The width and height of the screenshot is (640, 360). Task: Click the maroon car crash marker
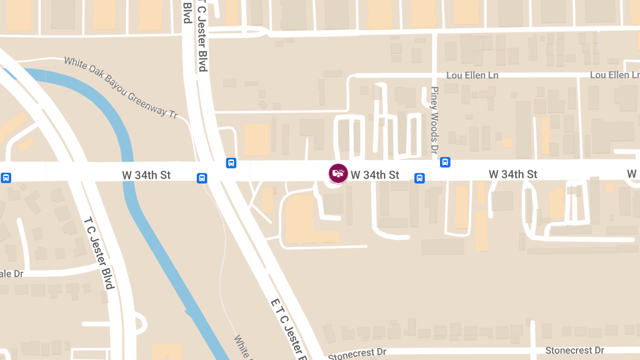point(338,173)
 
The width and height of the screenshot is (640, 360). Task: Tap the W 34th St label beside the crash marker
point(375,174)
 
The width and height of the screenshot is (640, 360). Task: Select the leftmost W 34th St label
point(146,174)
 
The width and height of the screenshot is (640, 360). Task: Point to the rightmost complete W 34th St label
point(513,174)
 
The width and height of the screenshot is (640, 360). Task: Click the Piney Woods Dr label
point(434,120)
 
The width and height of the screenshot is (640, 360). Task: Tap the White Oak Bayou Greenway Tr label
point(121,87)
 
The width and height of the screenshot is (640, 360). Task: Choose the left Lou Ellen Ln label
point(472,75)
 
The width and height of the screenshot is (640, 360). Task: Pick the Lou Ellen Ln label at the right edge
point(614,75)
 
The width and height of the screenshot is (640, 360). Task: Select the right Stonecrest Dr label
point(574,350)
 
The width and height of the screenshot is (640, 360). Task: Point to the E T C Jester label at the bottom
point(291,328)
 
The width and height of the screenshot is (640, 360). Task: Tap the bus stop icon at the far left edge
point(6,178)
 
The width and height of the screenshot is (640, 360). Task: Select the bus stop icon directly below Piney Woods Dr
point(445,162)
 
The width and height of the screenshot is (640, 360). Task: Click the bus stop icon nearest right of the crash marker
point(420,178)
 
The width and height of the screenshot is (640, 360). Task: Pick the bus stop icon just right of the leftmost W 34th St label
point(202,178)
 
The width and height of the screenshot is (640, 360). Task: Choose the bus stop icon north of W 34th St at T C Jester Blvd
point(231,163)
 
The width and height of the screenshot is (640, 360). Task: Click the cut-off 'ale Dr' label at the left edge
point(12,274)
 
